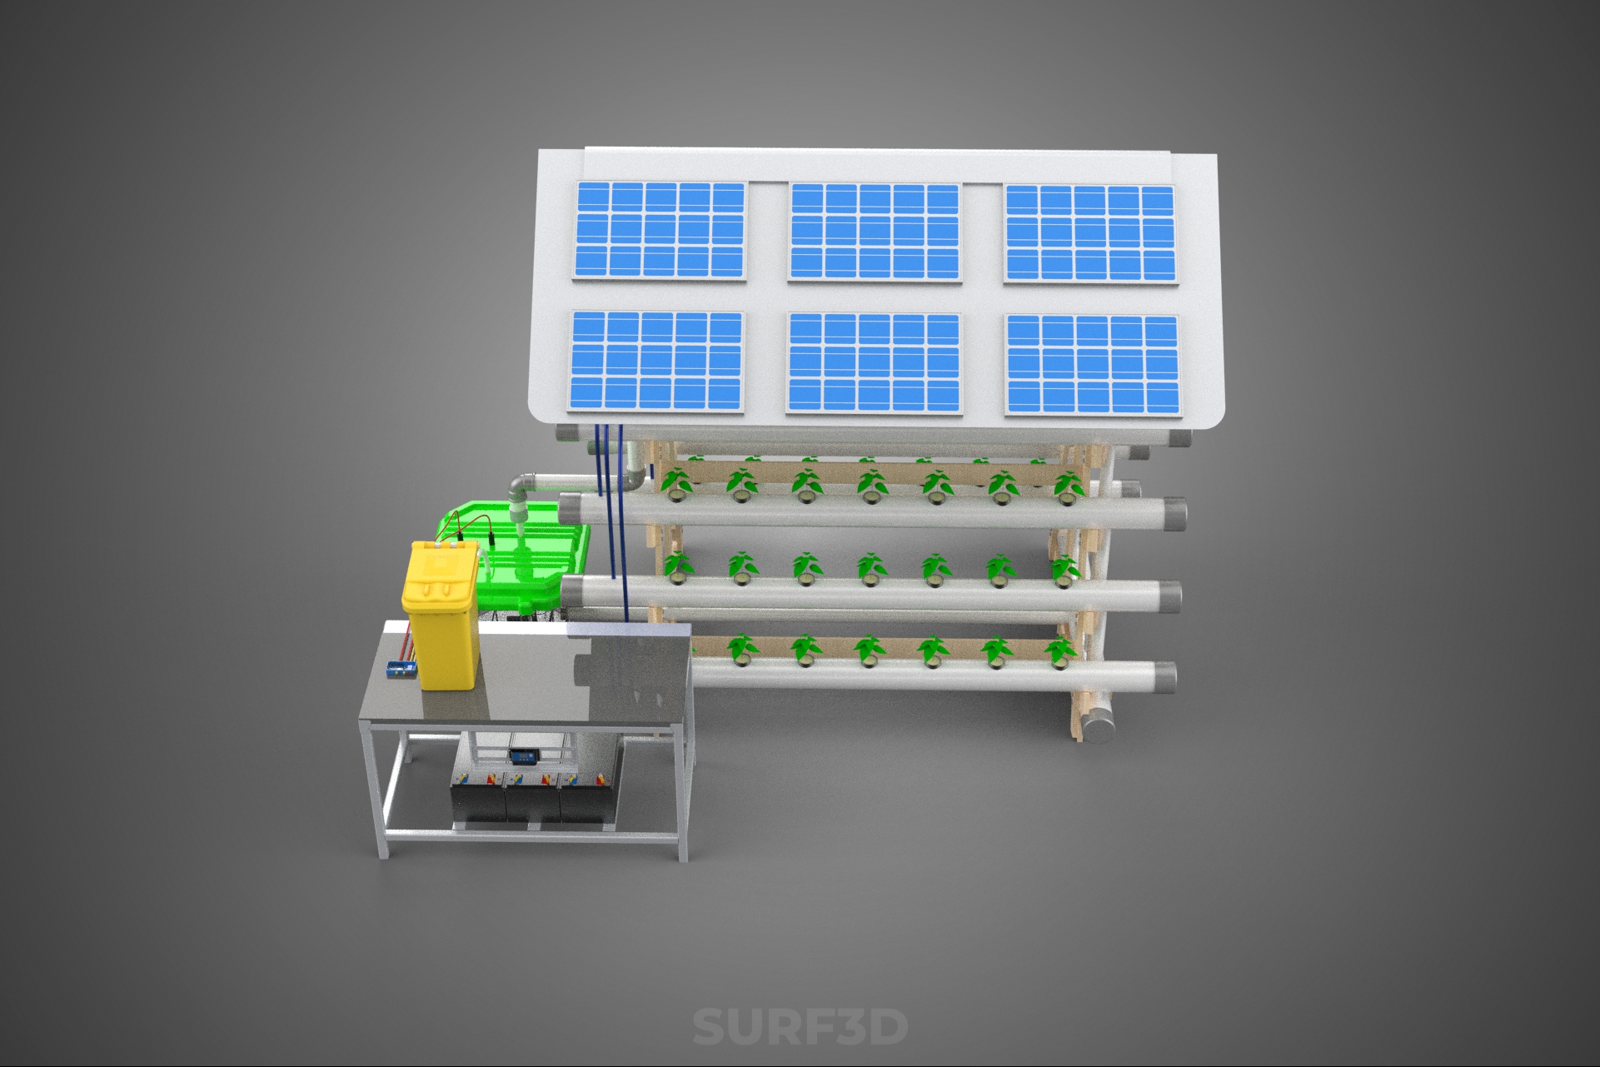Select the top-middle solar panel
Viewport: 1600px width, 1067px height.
875,232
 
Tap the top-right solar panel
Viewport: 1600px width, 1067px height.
1091,234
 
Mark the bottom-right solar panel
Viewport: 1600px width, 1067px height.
1092,365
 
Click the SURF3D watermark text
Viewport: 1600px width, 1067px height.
800,1026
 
